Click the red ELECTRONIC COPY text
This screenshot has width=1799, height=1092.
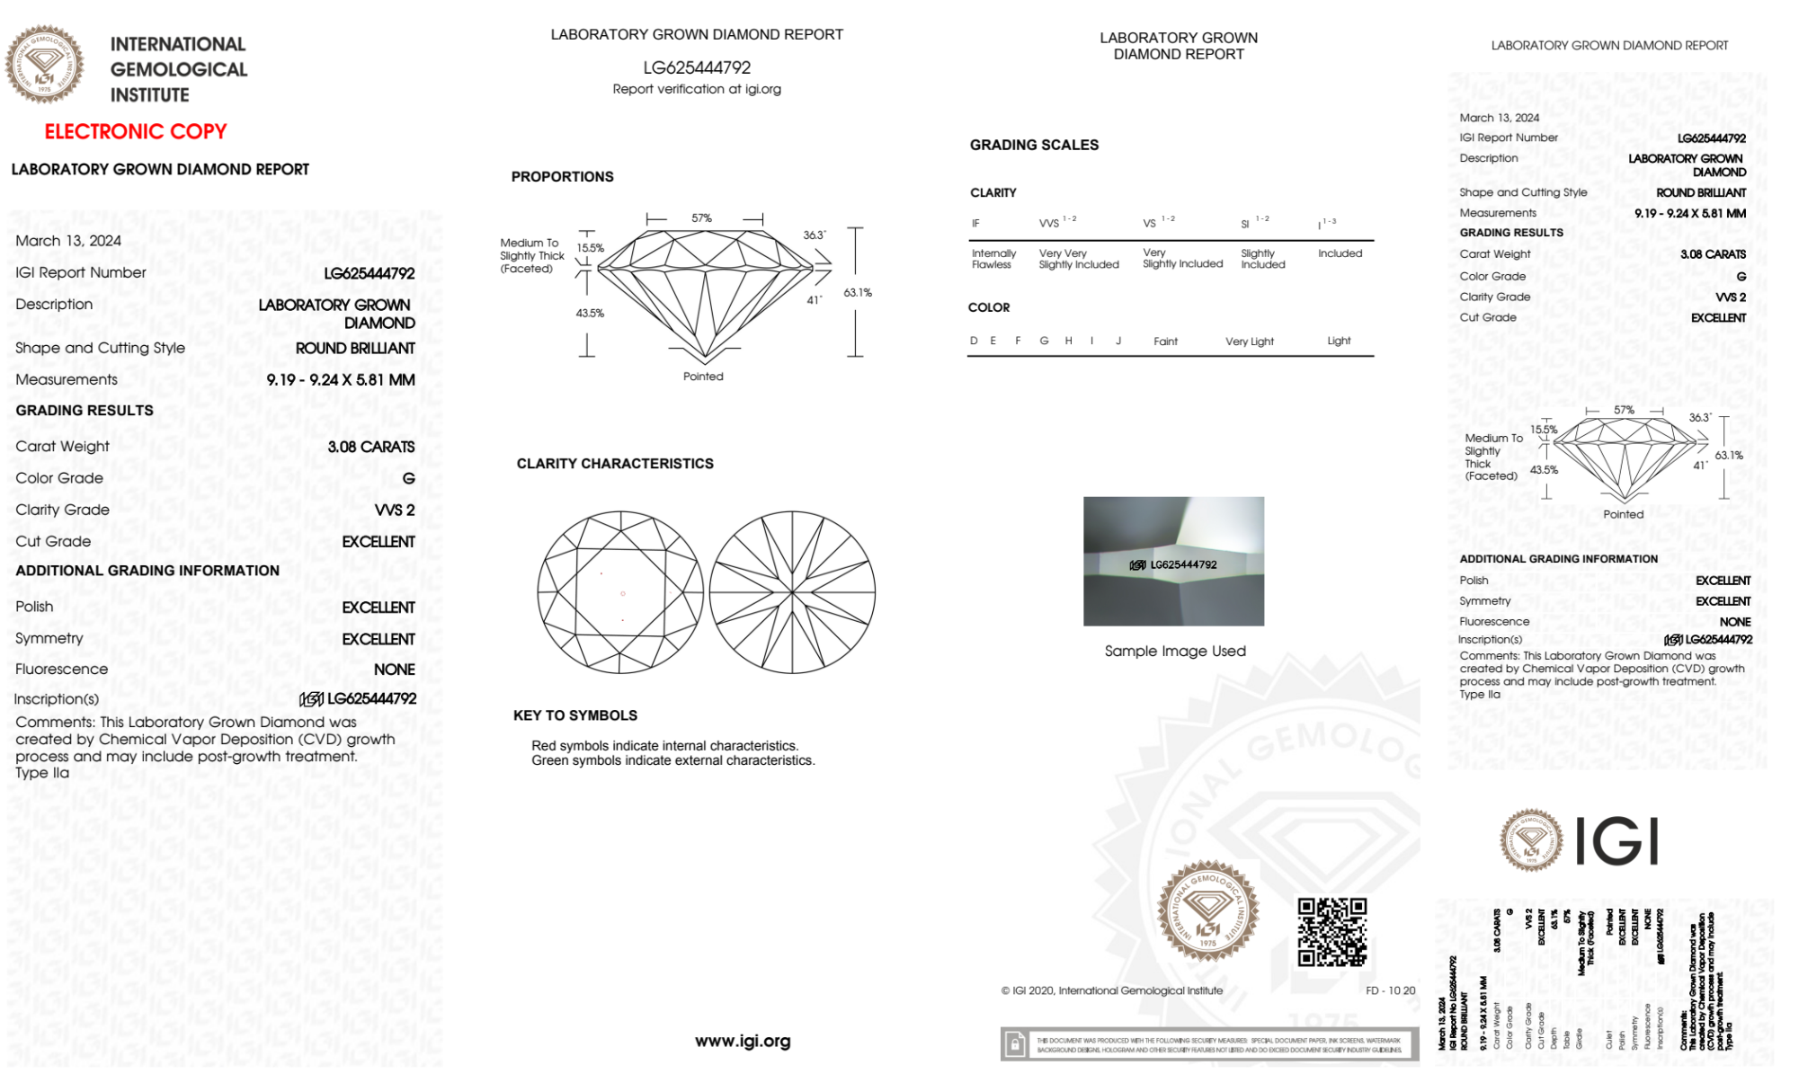(x=136, y=131)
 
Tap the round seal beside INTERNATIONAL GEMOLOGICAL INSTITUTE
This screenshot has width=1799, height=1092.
(x=44, y=65)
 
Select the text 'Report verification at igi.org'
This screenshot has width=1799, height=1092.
(x=697, y=89)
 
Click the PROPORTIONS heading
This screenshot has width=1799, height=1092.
(x=562, y=177)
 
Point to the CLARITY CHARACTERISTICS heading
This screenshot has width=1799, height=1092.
(x=615, y=464)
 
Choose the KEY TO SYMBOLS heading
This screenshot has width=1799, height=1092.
(x=575, y=715)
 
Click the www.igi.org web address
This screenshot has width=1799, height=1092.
(x=743, y=1041)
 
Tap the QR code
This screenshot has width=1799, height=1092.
(x=1332, y=932)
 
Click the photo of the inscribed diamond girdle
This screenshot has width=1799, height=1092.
(x=1173, y=562)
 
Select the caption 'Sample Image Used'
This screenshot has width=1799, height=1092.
(x=1175, y=651)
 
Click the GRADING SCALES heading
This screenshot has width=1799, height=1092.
(x=1034, y=145)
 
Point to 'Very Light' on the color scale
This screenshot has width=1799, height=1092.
(x=1250, y=342)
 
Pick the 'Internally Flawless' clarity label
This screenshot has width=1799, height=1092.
(x=993, y=259)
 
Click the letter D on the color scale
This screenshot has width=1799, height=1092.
(x=974, y=341)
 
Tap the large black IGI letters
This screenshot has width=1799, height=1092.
(x=1617, y=842)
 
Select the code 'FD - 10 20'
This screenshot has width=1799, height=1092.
(x=1390, y=990)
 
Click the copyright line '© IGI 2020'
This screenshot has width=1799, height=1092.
(x=1112, y=990)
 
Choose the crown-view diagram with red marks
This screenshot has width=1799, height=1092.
(x=620, y=593)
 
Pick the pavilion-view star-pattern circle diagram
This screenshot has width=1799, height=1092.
(x=792, y=593)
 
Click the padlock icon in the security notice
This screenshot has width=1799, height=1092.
(x=1015, y=1044)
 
